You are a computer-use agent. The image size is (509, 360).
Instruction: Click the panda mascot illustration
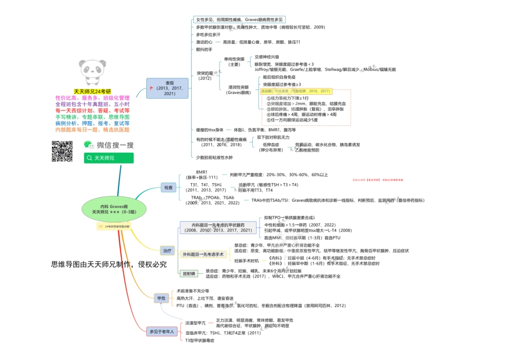pos(95,74)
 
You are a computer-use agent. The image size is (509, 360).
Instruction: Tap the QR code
pos(62,151)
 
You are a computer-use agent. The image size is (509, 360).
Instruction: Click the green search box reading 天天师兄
pos(109,158)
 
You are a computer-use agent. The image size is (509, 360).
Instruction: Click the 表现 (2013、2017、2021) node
pos(168,88)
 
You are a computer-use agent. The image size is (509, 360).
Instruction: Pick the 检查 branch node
pos(169,187)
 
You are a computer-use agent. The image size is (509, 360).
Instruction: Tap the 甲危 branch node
pos(161,298)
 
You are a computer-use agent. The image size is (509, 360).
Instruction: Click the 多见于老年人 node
pos(162,332)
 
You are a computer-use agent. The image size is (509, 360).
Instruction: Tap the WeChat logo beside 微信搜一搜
pos(88,144)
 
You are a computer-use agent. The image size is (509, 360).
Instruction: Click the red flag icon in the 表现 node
pos(152,88)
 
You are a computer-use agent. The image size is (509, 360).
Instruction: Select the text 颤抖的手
pos(204,49)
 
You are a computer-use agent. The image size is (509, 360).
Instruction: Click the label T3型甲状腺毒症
pos(200,340)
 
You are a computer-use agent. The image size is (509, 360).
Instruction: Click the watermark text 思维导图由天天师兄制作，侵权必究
pos(109,264)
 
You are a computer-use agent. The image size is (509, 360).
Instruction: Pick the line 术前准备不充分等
pos(192,291)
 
